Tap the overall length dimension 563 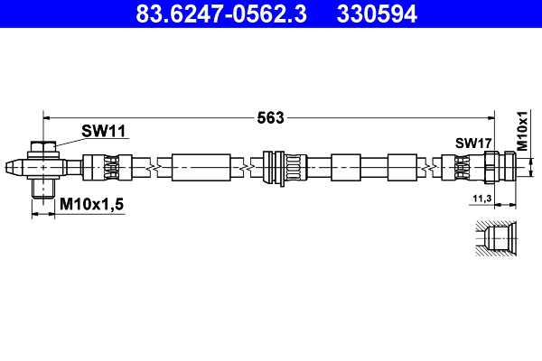pyautogui.click(x=271, y=116)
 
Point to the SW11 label pyautogui.click(x=103, y=132)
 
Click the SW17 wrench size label pyautogui.click(x=472, y=143)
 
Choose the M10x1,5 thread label pyautogui.click(x=91, y=206)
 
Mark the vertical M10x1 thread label pyautogui.click(x=521, y=132)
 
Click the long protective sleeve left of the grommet pyautogui.click(x=200, y=167)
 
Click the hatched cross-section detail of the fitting pyautogui.click(x=496, y=241)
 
